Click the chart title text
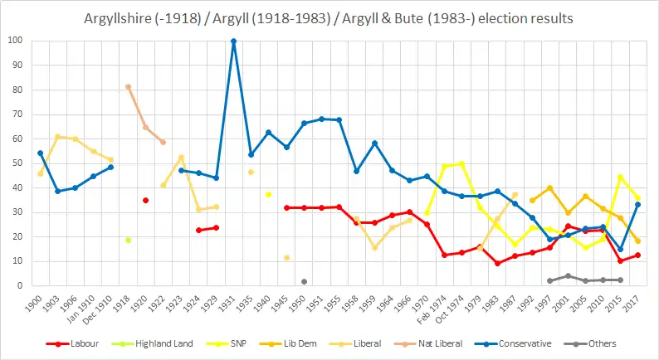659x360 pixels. [329, 17]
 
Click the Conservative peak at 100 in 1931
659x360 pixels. [233, 41]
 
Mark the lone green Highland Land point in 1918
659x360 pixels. [128, 240]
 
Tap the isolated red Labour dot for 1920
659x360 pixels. [145, 200]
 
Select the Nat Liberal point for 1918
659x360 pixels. [128, 86]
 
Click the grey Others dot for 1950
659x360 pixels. [304, 281]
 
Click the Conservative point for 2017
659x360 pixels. [637, 204]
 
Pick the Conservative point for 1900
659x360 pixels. [40, 153]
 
